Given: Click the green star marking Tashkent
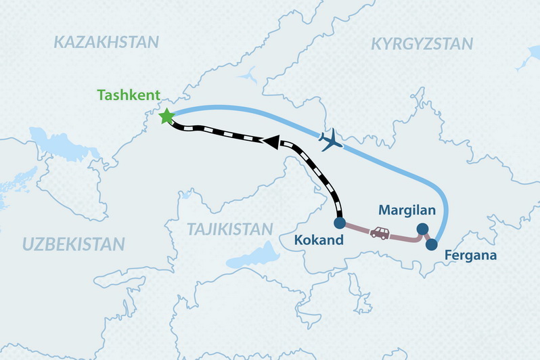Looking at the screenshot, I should point(165,116).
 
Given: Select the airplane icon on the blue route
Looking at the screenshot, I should point(330,141).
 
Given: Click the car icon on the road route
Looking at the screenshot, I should point(379,233).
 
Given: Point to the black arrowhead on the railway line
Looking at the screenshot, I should point(271,141).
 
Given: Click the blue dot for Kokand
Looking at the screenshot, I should point(340,222).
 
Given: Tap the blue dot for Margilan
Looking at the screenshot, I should point(422,229).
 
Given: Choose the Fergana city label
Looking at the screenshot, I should point(471,256).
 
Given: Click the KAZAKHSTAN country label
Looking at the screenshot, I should point(106,42).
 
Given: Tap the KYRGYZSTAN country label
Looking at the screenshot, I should point(422,45).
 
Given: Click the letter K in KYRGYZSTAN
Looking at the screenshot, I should point(376,45).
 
